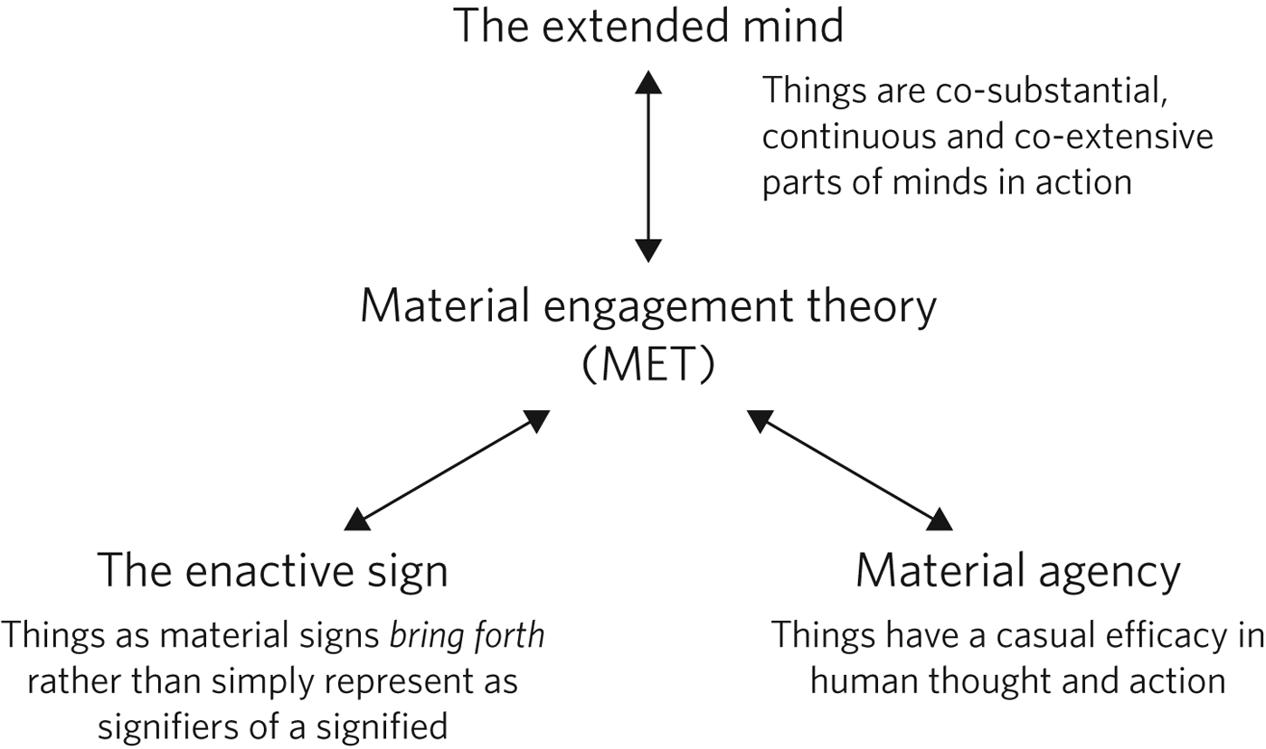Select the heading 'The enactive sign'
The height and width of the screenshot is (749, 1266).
pyautogui.click(x=272, y=572)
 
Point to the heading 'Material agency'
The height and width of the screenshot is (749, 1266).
pyautogui.click(x=1017, y=572)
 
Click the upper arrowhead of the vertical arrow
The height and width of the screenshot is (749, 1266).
pyautogui.click(x=647, y=81)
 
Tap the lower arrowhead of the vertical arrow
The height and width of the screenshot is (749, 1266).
pyautogui.click(x=647, y=250)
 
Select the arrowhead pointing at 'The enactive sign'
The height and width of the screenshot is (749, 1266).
pyautogui.click(x=357, y=519)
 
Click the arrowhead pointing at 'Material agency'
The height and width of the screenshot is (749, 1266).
pyautogui.click(x=940, y=519)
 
